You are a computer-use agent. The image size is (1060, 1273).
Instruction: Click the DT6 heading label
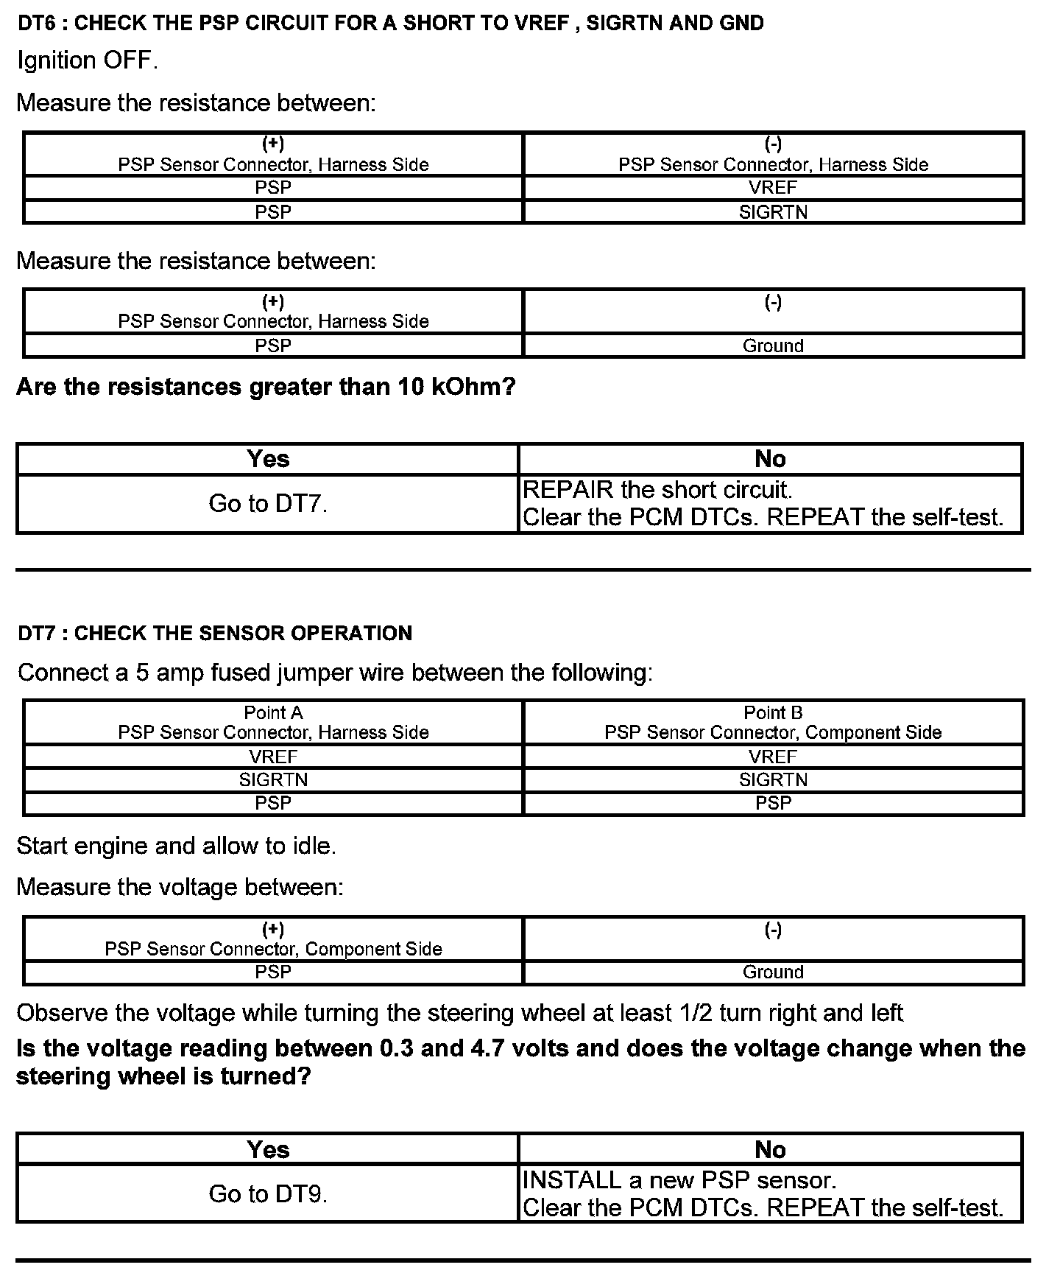[390, 24]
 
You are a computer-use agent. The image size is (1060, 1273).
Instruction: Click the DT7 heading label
[214, 634]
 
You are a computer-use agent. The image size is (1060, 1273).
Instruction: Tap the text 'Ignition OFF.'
[88, 60]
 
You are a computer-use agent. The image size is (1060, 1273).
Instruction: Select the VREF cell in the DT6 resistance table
[773, 188]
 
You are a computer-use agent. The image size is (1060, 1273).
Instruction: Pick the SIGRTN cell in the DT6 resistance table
[773, 212]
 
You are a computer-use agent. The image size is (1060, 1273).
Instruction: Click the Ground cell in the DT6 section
[773, 346]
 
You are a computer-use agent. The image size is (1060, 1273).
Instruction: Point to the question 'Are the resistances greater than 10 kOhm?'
[266, 387]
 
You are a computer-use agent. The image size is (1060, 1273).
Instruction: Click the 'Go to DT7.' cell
[268, 504]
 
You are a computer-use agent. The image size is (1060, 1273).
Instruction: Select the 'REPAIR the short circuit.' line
[657, 490]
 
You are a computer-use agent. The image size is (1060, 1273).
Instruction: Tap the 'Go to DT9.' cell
[268, 1194]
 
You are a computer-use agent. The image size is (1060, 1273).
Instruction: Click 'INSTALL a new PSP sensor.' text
[679, 1181]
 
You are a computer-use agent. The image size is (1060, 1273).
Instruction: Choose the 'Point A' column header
[273, 713]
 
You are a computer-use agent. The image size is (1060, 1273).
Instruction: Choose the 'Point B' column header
[773, 713]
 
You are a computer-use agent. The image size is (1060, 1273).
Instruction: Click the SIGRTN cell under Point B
[773, 780]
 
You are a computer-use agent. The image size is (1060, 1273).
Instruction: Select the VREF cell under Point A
[273, 757]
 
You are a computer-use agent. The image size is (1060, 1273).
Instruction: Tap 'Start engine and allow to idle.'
[176, 846]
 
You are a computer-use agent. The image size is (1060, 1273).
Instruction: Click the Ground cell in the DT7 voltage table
[773, 972]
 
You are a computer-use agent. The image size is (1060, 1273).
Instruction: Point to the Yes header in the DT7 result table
[268, 1150]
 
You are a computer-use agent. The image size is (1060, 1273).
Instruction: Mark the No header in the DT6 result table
[770, 460]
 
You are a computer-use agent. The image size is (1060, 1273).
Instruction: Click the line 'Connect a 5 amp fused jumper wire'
[335, 673]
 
